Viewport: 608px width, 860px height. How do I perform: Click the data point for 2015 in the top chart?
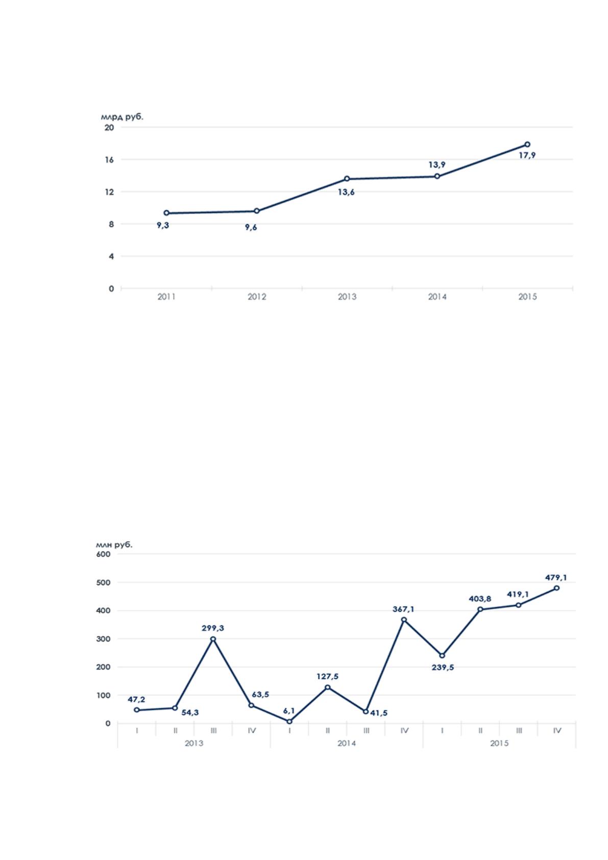527,145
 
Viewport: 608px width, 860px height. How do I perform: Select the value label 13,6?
346,193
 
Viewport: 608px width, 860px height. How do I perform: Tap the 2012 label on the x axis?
257,296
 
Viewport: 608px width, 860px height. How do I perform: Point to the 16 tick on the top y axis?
109,159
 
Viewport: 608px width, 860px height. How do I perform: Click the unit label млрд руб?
122,117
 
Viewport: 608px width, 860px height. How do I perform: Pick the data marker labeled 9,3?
166,212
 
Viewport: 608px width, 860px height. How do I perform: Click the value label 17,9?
527,155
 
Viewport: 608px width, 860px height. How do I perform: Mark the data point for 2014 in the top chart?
437,176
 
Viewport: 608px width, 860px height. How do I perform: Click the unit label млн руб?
114,544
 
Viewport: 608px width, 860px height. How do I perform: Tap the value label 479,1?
556,588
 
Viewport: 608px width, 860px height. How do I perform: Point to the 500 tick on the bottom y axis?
103,593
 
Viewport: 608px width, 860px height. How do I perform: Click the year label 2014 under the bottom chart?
347,754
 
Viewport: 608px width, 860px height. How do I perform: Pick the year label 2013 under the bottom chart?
194,754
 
